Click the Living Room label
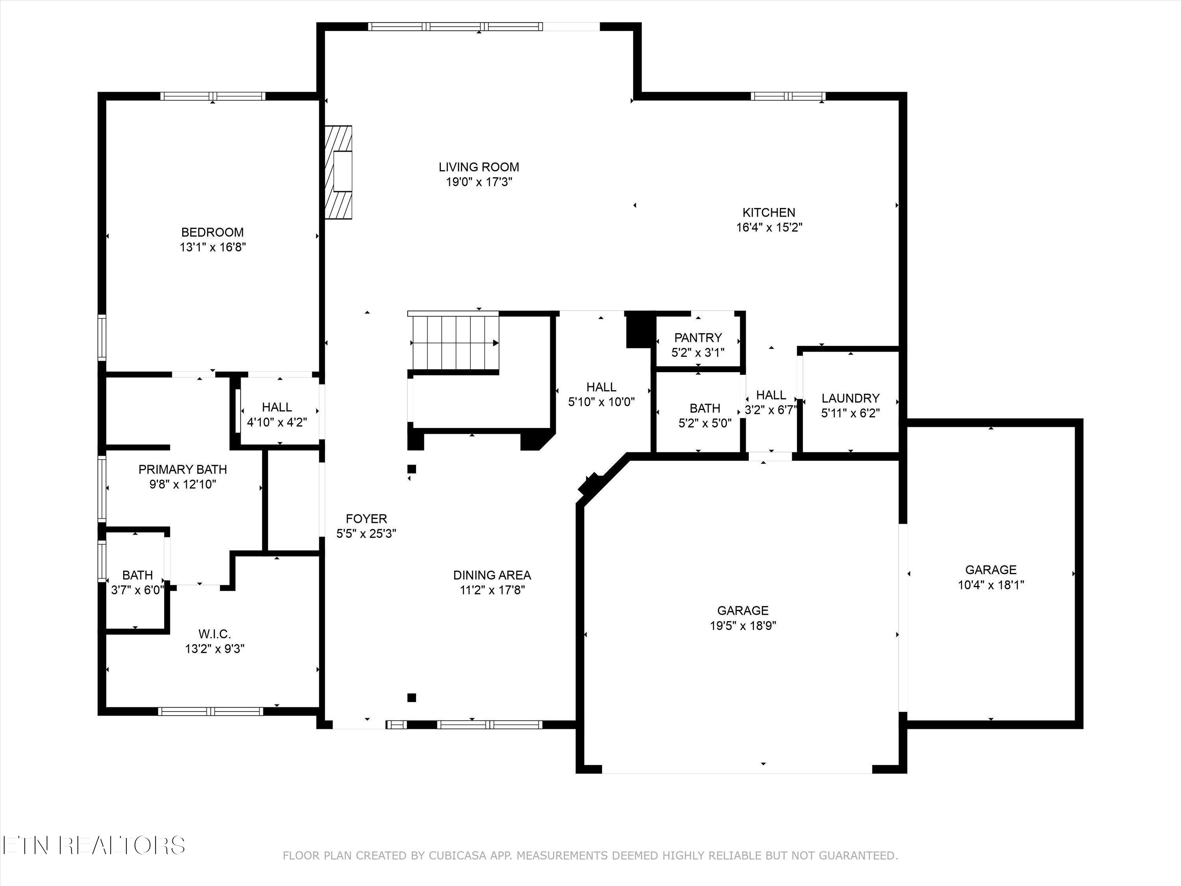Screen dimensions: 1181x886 click(x=479, y=167)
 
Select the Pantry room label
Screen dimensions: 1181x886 click(x=698, y=337)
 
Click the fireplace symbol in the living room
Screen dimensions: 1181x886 click(x=339, y=172)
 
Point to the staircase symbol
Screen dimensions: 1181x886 click(x=454, y=341)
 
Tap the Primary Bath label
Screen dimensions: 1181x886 click(x=183, y=469)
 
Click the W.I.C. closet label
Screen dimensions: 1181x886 click(x=215, y=634)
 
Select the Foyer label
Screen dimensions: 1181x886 click(x=366, y=519)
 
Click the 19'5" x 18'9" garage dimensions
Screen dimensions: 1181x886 click(x=743, y=625)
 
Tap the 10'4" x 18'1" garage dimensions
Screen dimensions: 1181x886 click(x=991, y=585)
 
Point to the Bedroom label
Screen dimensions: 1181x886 click(x=213, y=232)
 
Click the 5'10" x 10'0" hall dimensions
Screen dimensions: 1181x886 click(x=602, y=402)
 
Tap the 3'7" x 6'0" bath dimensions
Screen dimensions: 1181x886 click(x=138, y=590)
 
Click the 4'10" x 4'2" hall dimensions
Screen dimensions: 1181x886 click(x=277, y=422)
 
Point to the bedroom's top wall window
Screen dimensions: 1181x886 click(x=213, y=96)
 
